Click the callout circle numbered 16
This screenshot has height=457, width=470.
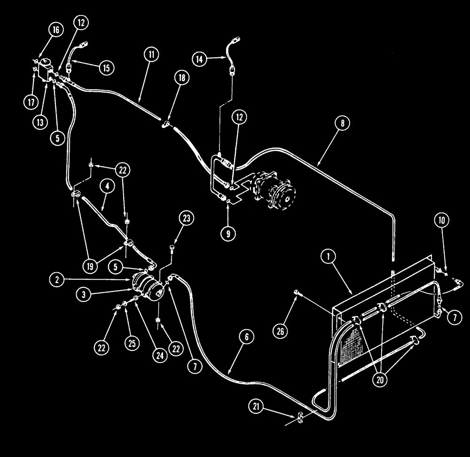(x=56, y=30)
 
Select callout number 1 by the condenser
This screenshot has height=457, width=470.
(x=328, y=257)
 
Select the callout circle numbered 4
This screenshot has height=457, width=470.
(x=108, y=186)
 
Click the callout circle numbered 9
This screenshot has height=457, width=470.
(x=227, y=234)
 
